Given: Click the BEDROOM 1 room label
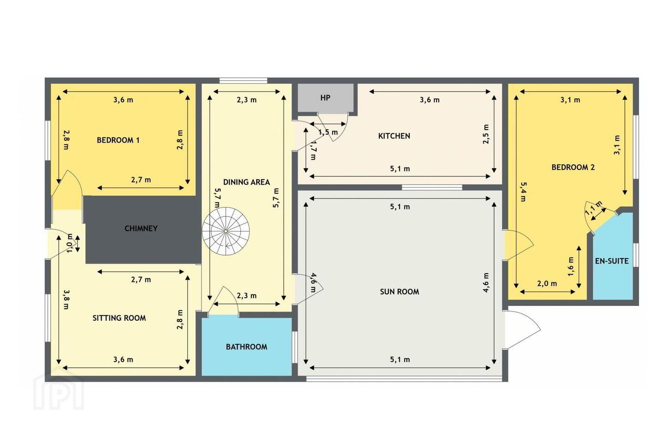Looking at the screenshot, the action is coord(118,140).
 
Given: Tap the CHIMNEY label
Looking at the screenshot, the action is coord(141,228).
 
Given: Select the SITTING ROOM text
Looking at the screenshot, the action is coord(119,318).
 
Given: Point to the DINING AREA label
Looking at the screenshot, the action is coord(247,182).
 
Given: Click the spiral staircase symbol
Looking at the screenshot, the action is coord(226,231).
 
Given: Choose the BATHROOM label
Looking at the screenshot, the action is coord(247,347).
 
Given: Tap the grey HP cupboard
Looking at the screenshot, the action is coord(326,98).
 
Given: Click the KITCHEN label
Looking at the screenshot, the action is coord(394,136).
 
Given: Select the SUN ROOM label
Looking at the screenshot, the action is coord(399,292).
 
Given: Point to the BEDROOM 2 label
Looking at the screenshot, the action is coord(573,168).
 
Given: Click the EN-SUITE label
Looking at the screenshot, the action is coord(612,261).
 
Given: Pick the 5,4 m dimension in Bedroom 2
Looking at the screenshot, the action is coord(523,192).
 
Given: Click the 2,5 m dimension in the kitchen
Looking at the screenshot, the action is coord(486,134).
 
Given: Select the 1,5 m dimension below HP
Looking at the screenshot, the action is coord(328,132).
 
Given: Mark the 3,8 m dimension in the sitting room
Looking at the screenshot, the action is coord(66,299).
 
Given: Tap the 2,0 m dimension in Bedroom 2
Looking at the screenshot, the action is coord(547,284).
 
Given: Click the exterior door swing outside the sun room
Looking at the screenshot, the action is coord(522,329).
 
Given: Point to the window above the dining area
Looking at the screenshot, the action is coord(243,80).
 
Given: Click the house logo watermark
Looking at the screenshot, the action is coord(59,389).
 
